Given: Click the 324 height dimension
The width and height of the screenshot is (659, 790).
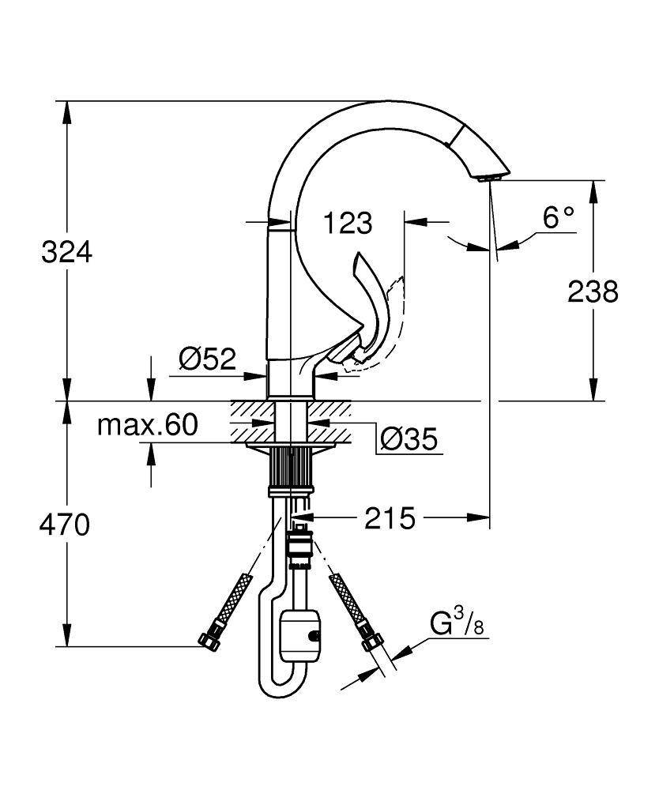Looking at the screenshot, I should pos(67,252).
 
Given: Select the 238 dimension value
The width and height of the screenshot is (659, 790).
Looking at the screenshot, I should pos(593,292).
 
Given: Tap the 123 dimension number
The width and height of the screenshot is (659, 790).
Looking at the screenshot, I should pos(348,223).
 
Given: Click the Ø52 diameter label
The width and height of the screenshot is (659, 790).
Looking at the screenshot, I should pos(208,359).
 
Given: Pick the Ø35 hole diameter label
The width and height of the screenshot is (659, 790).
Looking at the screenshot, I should pos(408,439).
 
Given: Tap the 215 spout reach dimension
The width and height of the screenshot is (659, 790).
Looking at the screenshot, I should pos(390,519).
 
